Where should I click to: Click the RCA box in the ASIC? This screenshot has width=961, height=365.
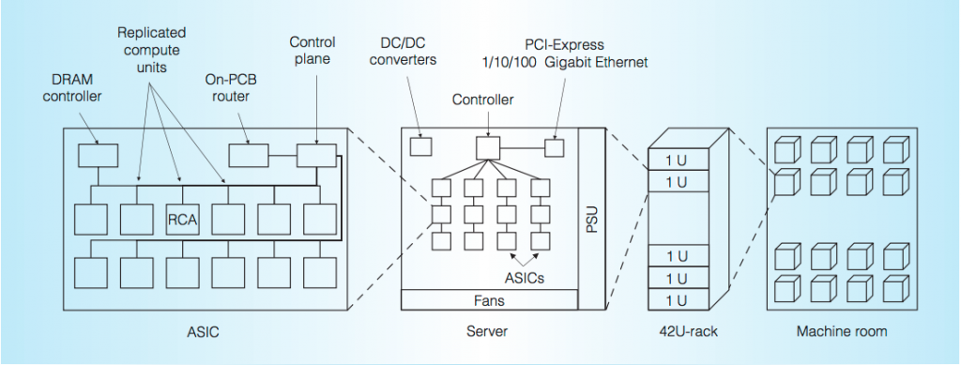[x=182, y=220]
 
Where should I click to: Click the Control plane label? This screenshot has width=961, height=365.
[x=313, y=50]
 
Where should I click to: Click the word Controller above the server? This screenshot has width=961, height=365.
[x=483, y=99]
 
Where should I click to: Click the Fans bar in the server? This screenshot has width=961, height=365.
[x=489, y=300]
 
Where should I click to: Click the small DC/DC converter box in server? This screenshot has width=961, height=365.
[x=421, y=146]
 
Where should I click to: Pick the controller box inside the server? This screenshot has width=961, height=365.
[x=486, y=147]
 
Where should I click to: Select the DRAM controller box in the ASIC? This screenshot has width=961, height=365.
[x=98, y=155]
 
